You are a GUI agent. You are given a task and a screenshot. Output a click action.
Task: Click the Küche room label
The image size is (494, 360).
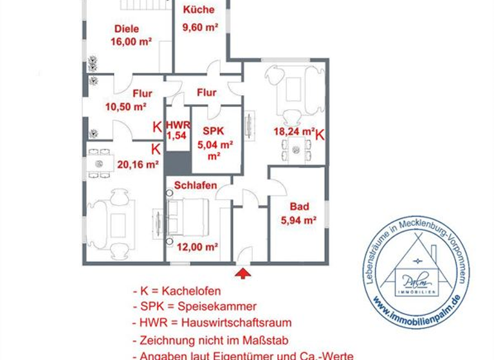tap(198, 10)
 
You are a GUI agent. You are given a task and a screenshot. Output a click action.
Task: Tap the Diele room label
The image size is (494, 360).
tap(127, 28)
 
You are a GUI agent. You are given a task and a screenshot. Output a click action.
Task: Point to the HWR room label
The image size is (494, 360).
tap(177, 124)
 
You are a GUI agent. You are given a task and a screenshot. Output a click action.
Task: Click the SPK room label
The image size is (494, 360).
tap(212, 130)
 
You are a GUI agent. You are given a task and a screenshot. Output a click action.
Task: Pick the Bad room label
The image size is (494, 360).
tap(299, 206)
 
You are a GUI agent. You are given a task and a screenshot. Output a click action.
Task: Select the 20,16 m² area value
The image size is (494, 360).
tap(138, 164)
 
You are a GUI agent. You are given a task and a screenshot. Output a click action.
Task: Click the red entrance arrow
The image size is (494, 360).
tap(242, 274)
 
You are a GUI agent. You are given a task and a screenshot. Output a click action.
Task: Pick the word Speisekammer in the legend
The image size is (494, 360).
tap(219, 306)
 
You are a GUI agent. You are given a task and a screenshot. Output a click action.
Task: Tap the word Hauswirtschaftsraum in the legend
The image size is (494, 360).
tap(237, 323)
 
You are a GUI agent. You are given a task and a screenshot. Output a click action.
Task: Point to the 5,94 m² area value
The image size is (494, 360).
tap(298, 221)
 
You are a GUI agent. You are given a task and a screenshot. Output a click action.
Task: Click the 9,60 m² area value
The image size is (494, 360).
tap(200, 27)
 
